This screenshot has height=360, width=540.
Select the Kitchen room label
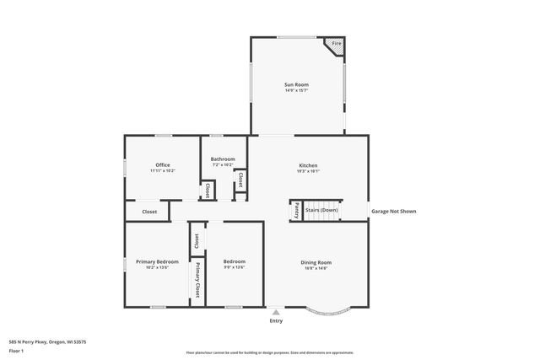click(308, 165)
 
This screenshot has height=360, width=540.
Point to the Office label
click(163, 164)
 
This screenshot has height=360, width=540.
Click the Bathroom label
click(223, 159)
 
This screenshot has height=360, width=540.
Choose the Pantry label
click(297, 211)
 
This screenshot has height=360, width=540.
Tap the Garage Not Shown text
click(393, 211)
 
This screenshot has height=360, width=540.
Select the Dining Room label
click(316, 262)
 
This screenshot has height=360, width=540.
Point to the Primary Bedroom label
click(158, 262)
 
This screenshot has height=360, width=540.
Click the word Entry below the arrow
click(276, 321)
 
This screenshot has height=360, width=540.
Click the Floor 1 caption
click(16, 351)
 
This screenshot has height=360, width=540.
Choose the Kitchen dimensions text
click(308, 171)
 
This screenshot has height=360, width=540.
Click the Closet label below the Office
click(149, 212)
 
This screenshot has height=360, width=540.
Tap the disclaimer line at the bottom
click(269, 352)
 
